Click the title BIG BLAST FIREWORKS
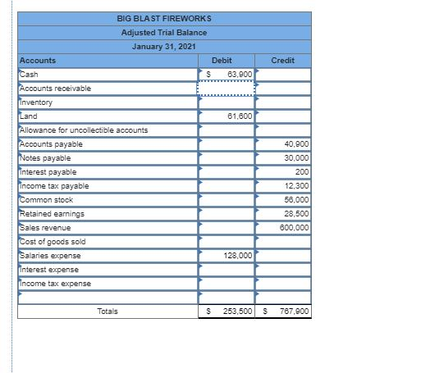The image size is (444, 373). click(x=164, y=18)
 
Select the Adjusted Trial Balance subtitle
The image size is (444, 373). click(x=164, y=32)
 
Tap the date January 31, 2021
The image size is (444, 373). click(x=164, y=46)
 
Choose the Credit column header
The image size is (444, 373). click(x=282, y=61)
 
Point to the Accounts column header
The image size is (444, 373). click(x=38, y=61)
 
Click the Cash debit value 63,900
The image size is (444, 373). click(x=240, y=75)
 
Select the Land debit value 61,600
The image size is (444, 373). click(x=240, y=116)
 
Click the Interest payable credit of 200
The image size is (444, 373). click(x=302, y=172)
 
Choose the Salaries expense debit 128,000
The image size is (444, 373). click(x=237, y=256)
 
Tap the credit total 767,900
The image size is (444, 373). click(x=294, y=312)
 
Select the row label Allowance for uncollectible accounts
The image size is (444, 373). click(x=83, y=130)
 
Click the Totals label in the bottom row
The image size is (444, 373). click(x=107, y=312)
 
